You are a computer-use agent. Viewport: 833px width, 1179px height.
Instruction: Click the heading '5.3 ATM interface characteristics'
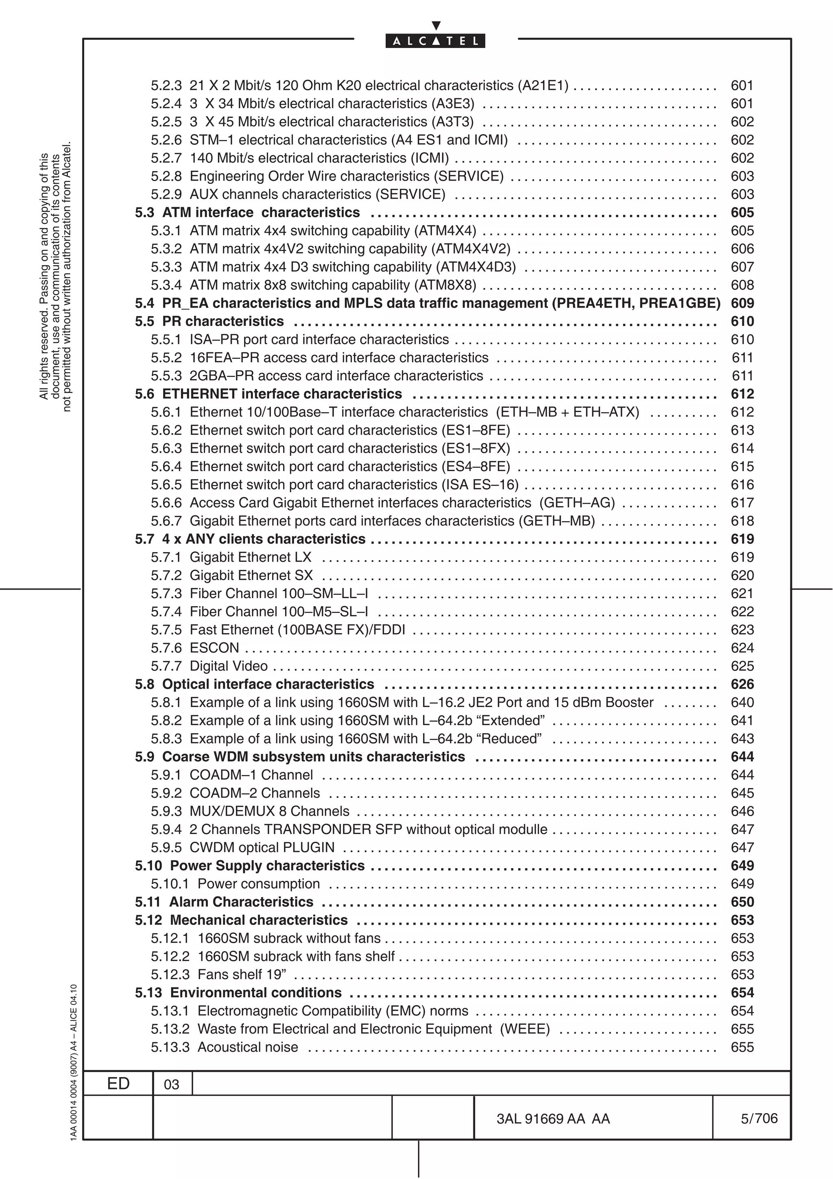click(x=247, y=213)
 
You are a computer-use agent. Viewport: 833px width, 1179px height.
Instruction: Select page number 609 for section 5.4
click(x=742, y=303)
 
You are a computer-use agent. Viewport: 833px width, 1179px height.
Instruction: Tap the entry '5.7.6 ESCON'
click(x=195, y=648)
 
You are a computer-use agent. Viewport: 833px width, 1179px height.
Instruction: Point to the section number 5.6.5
click(x=166, y=485)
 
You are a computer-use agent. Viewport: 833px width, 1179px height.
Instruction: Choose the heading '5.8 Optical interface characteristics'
click(x=255, y=685)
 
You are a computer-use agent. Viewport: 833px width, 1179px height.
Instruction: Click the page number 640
click(x=742, y=703)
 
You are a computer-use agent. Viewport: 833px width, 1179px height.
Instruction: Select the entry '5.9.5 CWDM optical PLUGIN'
click(x=242, y=848)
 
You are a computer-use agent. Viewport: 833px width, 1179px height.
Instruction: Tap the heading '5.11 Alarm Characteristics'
click(x=224, y=902)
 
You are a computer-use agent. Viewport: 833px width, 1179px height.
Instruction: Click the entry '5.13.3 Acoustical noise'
click(x=224, y=1047)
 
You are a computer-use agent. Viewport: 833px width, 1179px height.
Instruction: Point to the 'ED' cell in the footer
click(x=118, y=1083)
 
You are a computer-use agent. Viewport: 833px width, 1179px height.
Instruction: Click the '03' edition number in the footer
click(x=171, y=1085)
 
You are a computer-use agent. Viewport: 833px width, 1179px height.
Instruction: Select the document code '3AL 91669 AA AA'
click(x=553, y=1119)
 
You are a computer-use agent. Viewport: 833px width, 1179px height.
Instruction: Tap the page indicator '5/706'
click(x=759, y=1118)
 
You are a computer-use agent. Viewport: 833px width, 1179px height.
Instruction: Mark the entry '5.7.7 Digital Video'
click(x=209, y=666)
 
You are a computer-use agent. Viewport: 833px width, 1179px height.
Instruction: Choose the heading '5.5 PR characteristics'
click(x=209, y=321)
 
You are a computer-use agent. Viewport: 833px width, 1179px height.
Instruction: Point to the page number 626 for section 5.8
click(x=742, y=685)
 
